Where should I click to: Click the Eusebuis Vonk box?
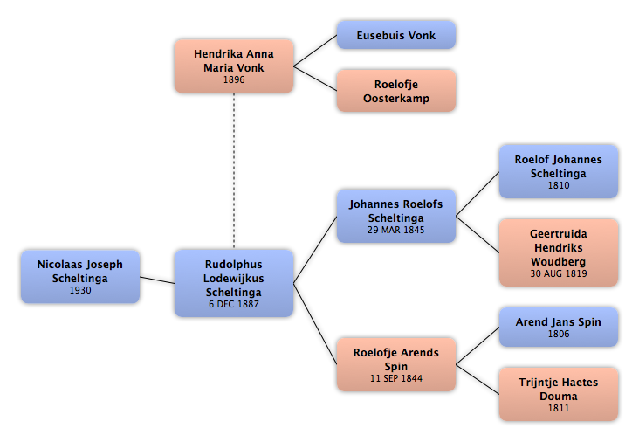tap(396, 35)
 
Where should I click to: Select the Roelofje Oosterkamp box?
tap(396, 91)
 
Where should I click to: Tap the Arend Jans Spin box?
tap(559, 327)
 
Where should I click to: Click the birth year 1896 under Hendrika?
tap(234, 79)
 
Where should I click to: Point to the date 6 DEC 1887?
tap(234, 304)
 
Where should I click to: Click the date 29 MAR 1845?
tap(396, 230)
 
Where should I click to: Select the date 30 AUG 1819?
tap(559, 273)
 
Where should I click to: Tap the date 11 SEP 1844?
tap(396, 378)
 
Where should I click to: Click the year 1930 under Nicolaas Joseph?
tap(80, 290)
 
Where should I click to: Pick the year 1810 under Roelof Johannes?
tap(559, 185)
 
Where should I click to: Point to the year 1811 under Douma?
tap(559, 408)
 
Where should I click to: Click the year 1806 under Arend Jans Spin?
tap(559, 334)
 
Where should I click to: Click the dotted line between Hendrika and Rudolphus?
tap(234, 170)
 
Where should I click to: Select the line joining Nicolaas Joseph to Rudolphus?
tap(157, 280)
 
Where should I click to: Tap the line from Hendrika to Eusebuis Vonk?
tap(315, 51)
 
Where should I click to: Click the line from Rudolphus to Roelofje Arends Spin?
tap(315, 324)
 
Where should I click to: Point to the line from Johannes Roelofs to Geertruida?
tap(478, 234)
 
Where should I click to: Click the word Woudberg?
tap(559, 261)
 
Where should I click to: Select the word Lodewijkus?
tap(234, 279)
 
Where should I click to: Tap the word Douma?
tap(559, 397)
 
